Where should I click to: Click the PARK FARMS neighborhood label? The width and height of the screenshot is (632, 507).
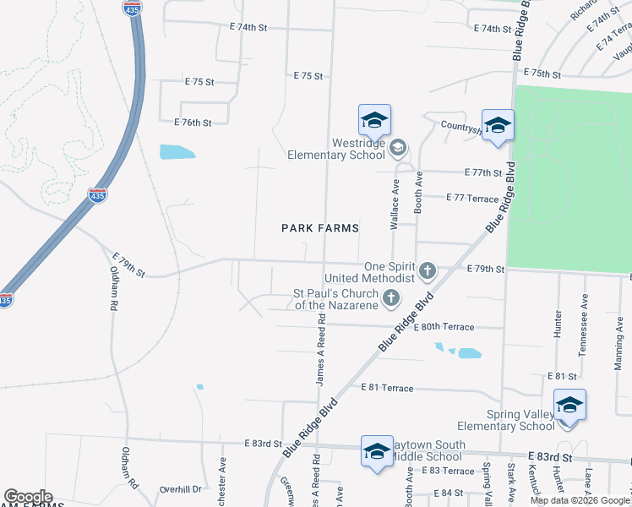[x=320, y=228]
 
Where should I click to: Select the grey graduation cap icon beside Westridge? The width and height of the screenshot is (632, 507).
[x=397, y=149]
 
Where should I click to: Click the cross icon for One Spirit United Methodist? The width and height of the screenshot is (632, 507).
[x=428, y=271]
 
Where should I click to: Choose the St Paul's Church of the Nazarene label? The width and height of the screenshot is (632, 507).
[x=335, y=299]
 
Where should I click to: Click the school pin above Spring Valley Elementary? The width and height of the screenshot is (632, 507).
[x=569, y=405]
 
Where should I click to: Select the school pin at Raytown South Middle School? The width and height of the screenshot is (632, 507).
[x=377, y=450]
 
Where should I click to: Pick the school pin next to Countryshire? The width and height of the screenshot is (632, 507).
[x=499, y=125]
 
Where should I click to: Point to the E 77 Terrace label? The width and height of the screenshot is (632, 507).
[x=473, y=197]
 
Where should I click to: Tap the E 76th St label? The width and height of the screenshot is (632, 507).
[x=193, y=123]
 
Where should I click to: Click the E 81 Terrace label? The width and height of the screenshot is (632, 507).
[x=387, y=388]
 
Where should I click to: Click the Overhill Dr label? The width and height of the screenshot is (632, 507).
[x=182, y=488]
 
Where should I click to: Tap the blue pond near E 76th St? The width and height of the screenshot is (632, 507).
[x=177, y=152]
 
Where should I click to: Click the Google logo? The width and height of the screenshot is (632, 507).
[x=27, y=497]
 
